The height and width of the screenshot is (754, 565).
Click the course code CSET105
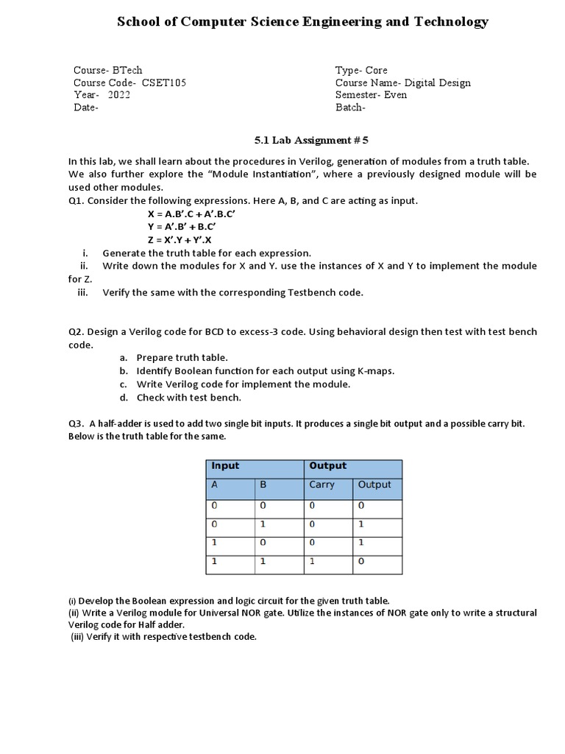point(163,83)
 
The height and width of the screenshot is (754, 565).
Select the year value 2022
point(118,95)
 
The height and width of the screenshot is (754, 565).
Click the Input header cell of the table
point(225,466)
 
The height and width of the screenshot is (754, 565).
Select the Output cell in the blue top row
point(328,466)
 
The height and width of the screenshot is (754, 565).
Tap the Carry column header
point(321,485)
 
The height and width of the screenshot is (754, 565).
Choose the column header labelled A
point(215,485)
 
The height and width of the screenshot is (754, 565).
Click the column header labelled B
point(263,485)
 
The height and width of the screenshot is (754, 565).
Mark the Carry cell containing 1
point(312,561)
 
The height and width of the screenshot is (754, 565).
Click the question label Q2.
point(77,332)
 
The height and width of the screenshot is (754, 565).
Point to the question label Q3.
point(77,424)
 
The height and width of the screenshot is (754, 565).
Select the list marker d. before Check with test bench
point(124,398)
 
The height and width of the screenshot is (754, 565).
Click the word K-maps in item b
point(374,371)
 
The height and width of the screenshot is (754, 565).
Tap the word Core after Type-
point(377,71)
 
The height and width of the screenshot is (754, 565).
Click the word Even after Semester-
point(396,95)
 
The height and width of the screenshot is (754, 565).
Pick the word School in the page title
point(138,22)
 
